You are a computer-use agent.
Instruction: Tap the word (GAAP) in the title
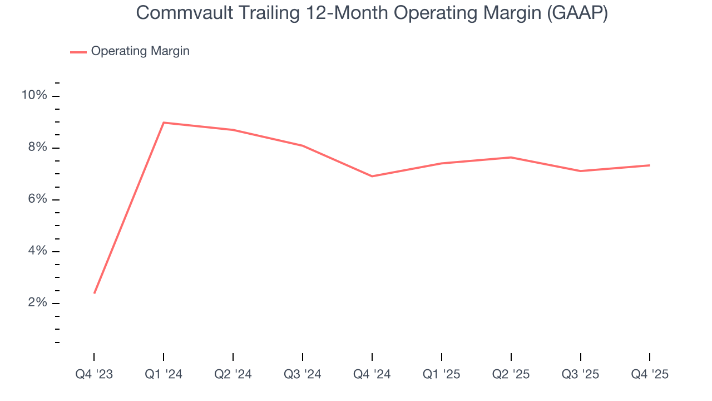point(577,12)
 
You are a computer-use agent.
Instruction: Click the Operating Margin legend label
point(140,51)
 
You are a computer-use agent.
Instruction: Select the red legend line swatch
point(78,52)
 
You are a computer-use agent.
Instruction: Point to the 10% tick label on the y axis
point(34,96)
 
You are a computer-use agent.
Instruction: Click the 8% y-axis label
point(37,148)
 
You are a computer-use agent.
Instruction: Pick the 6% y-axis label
point(37,199)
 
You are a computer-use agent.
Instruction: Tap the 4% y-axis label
point(37,251)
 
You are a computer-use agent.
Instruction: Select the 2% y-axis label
point(37,303)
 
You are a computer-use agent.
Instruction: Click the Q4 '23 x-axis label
point(94,375)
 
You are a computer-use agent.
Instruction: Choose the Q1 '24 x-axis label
point(164,375)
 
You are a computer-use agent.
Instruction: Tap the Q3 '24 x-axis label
point(303,375)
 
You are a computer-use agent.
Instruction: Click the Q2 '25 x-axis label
point(511,375)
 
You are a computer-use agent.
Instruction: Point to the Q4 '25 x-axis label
point(650,375)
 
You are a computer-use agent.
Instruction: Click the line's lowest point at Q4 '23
point(95,293)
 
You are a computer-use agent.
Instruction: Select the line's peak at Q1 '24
point(164,123)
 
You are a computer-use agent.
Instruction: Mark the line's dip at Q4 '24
point(372,176)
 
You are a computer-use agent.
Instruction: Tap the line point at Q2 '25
point(511,157)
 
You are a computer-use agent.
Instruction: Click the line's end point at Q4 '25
point(649,165)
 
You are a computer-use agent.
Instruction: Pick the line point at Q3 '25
point(581,171)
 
